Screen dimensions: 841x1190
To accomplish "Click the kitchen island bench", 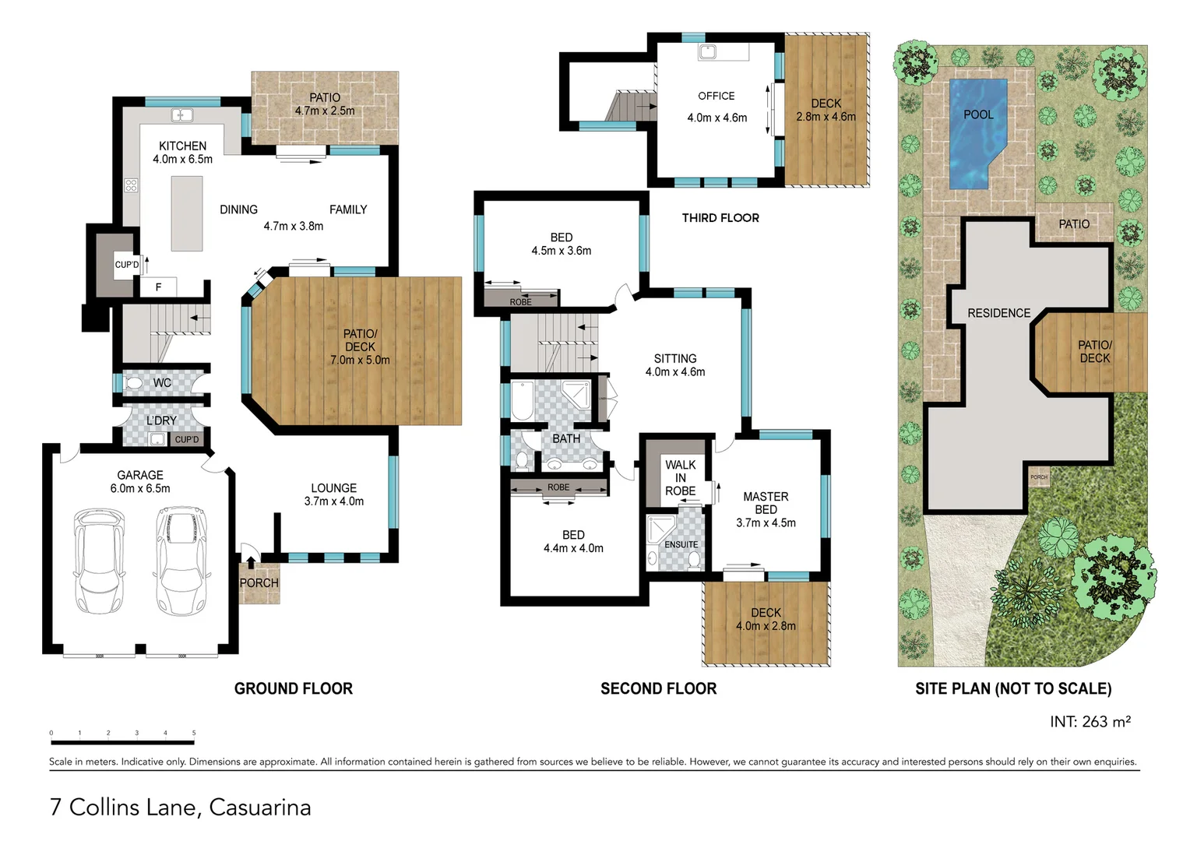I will click(187, 213).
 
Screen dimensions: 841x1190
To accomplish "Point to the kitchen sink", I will click(182, 115).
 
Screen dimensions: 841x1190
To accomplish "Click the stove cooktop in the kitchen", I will click(131, 185).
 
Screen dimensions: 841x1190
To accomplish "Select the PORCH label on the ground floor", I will click(259, 582).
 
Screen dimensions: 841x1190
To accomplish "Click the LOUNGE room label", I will click(333, 488).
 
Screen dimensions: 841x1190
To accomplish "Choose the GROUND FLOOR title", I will click(294, 688).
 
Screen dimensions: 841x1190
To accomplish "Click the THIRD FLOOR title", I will click(720, 218).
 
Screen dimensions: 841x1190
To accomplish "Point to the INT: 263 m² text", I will click(1090, 722).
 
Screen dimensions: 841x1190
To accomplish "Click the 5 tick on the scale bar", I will click(194, 733).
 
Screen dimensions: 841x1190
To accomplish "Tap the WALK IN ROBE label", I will click(680, 477).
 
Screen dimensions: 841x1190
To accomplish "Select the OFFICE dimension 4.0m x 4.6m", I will click(716, 118).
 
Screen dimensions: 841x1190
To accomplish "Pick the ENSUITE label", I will click(681, 544).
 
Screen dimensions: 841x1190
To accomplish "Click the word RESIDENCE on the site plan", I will click(998, 313).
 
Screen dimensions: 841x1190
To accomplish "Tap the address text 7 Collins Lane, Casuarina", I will click(180, 808).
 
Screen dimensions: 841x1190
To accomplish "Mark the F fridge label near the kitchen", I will click(158, 287).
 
